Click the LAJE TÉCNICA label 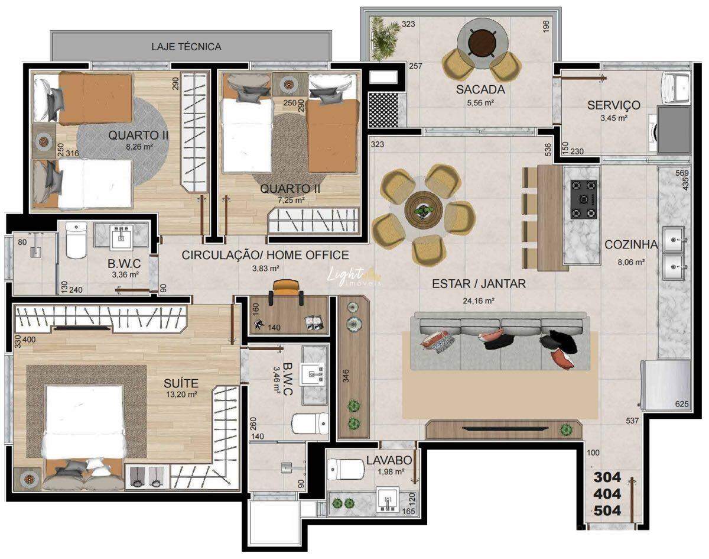(x=186, y=46)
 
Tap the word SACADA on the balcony (x=480, y=90)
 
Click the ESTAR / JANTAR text (x=479, y=284)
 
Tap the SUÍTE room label (x=181, y=383)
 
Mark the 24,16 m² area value (x=479, y=300)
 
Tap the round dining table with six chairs (x=423, y=211)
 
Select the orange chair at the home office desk (x=287, y=287)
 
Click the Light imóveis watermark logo (x=354, y=276)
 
